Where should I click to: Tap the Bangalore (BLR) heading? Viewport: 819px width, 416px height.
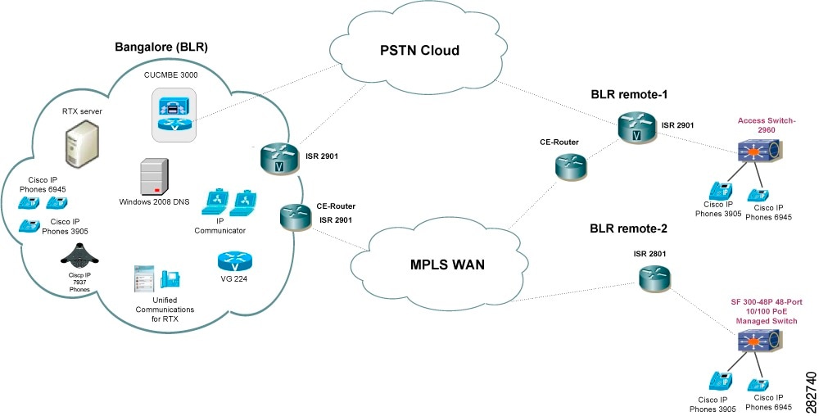pos(161,47)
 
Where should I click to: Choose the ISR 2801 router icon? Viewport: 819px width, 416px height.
pos(654,278)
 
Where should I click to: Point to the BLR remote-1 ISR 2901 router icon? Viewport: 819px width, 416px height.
pos(636,127)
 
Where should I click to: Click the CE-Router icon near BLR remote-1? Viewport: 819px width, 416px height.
pos(568,167)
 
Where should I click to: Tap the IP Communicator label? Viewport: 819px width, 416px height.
pos(219,225)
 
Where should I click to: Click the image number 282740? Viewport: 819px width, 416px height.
pos(810,391)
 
